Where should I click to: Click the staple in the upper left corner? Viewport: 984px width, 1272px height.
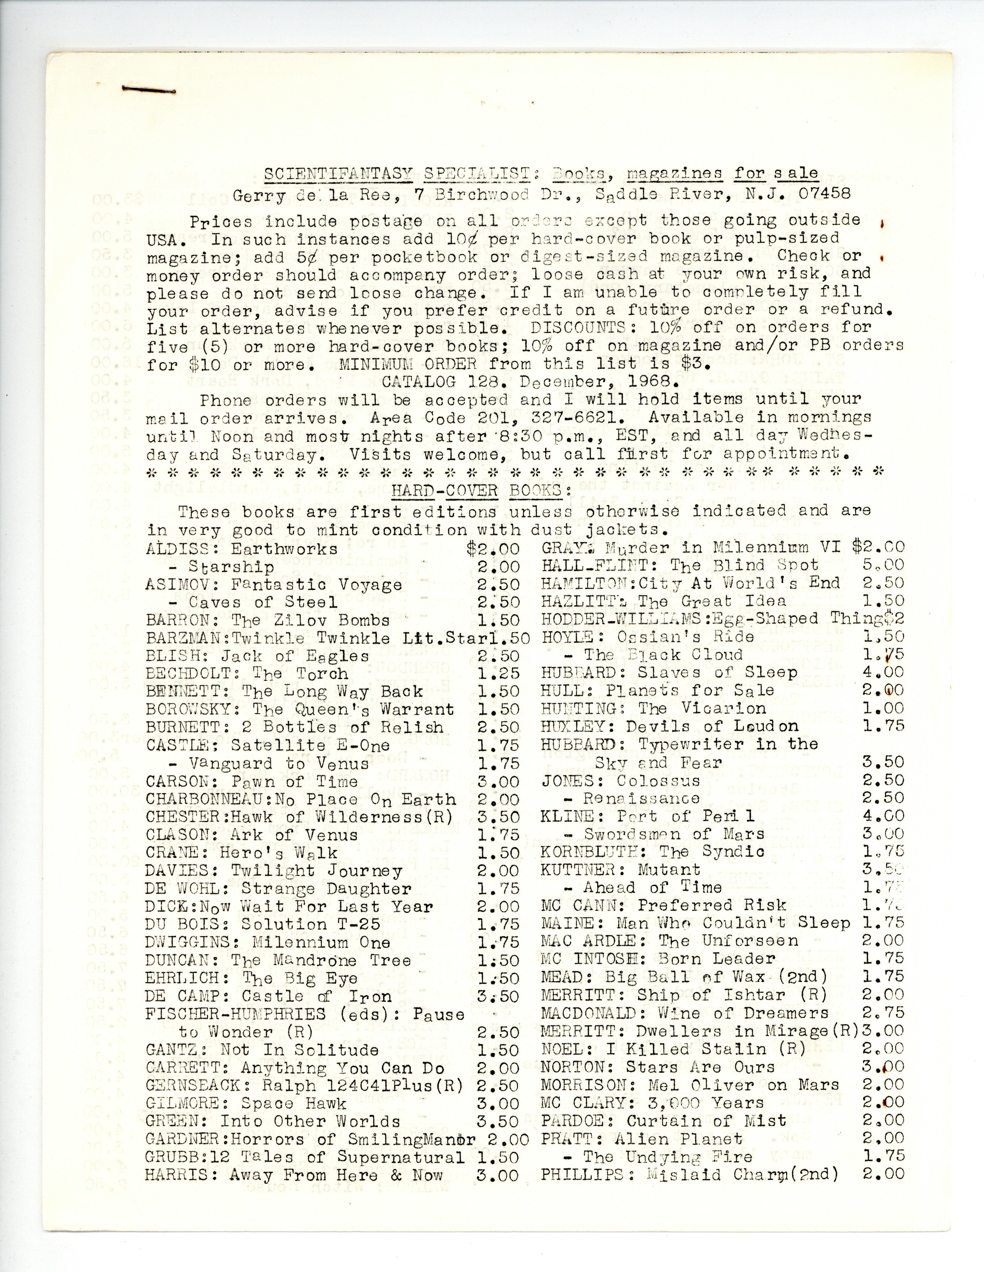[148, 90]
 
